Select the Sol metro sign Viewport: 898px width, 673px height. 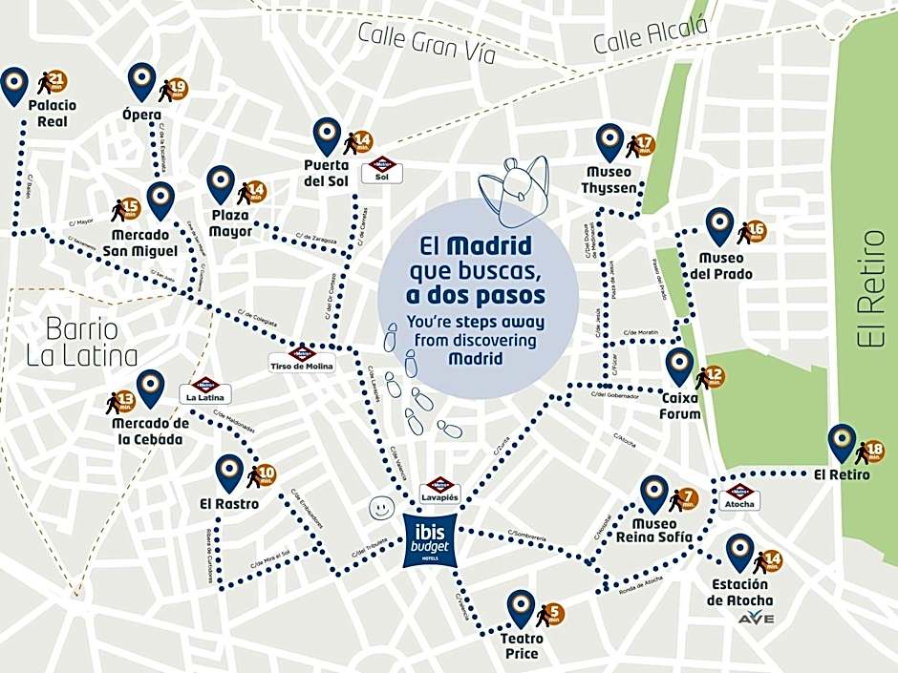coord(382,170)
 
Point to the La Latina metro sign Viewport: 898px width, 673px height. coord(205,389)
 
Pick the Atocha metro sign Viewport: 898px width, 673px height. coord(739,496)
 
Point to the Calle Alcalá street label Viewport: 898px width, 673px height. coord(652,36)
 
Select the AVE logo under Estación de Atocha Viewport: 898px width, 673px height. coord(756,619)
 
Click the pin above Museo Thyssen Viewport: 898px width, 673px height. coord(609,141)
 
